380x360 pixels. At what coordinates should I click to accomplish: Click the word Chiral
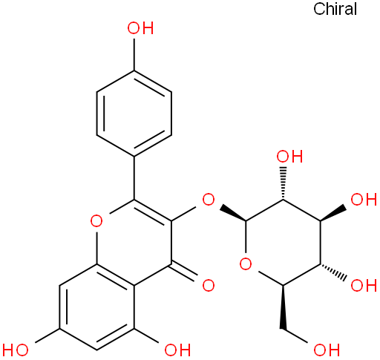(335, 9)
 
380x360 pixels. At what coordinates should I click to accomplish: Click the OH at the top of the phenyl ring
(140, 28)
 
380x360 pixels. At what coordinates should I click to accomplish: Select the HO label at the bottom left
(16, 350)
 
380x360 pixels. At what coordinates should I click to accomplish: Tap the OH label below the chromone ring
(177, 350)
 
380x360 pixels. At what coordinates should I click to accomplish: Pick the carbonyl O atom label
(209, 285)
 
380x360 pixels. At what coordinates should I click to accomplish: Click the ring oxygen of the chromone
(96, 221)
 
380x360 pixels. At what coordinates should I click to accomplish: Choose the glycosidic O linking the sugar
(209, 200)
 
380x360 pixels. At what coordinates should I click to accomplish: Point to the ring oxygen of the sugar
(246, 264)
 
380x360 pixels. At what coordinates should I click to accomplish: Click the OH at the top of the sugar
(289, 157)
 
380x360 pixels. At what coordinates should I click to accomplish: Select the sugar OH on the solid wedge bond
(364, 200)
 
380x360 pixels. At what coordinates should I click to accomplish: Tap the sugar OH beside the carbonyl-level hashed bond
(364, 285)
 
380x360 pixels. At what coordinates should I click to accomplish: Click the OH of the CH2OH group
(327, 350)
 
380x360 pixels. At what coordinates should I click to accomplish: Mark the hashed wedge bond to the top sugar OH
(283, 183)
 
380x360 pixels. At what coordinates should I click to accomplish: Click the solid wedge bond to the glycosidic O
(233, 212)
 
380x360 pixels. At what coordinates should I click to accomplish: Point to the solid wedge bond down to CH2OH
(283, 307)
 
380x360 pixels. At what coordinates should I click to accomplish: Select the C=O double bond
(183, 272)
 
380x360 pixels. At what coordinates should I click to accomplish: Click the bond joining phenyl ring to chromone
(134, 177)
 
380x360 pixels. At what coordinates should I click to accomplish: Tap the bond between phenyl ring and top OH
(134, 54)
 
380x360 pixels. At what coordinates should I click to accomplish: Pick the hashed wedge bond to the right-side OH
(333, 272)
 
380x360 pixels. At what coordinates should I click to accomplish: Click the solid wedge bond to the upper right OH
(333, 212)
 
